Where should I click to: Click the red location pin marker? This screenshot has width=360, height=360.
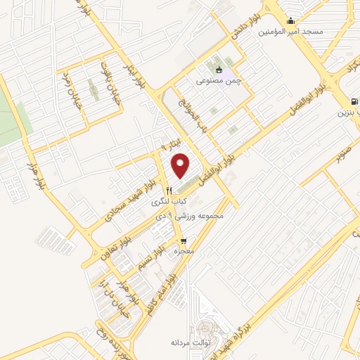click(181, 165)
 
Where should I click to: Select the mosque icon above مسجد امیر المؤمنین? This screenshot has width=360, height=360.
click(291, 20)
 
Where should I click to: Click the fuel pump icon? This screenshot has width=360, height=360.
click(343, 100)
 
